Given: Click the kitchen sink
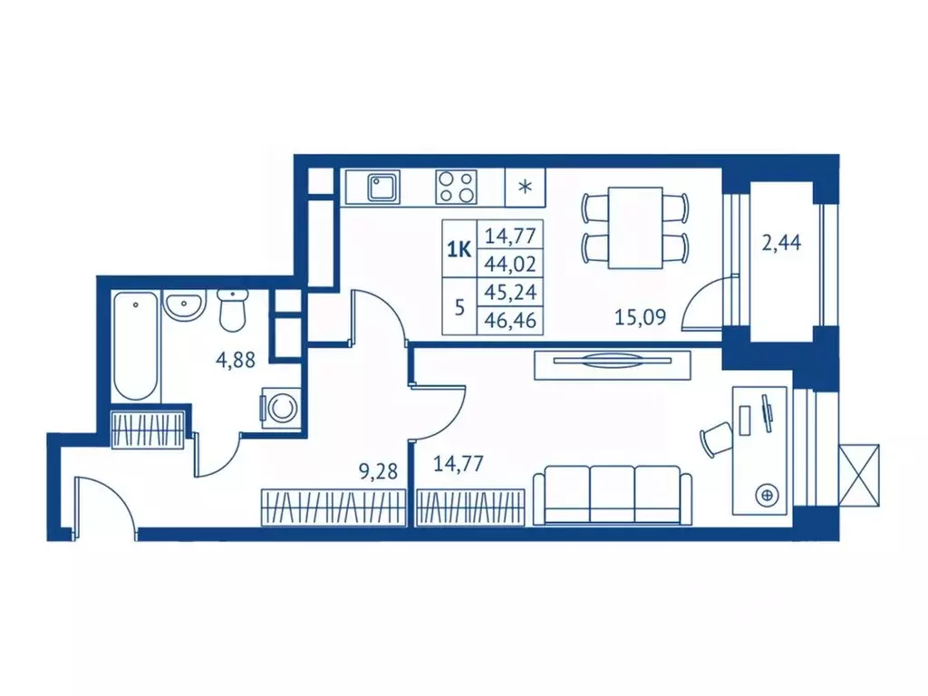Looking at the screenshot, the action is click(383, 188).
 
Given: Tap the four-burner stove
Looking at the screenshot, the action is click(457, 187).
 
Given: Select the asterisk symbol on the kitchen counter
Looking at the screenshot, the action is click(525, 188).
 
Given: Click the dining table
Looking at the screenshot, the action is click(635, 227).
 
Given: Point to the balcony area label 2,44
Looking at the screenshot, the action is click(781, 243).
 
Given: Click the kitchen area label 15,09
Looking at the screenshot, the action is click(641, 317).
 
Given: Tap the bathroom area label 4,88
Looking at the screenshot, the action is click(236, 360).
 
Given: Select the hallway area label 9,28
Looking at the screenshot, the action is click(378, 471).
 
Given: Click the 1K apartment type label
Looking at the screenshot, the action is click(459, 250).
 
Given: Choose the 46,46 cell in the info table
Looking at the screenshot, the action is click(510, 320).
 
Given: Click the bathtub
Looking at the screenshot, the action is click(136, 345).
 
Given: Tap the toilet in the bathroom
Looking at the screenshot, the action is click(231, 310).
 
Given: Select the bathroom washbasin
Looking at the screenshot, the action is click(185, 306).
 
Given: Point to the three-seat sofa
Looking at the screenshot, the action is click(613, 495).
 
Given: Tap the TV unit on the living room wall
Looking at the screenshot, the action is click(613, 365).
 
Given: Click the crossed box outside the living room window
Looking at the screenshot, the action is click(859, 475).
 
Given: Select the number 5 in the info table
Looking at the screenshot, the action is click(459, 307).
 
